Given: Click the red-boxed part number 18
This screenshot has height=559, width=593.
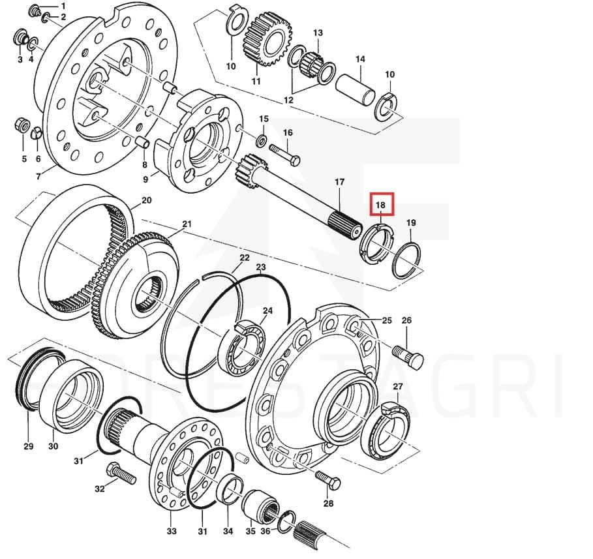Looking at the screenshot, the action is click(380, 205).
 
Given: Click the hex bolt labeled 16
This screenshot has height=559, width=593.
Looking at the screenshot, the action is click(285, 155).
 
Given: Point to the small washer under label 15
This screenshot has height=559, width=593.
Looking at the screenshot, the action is click(261, 141).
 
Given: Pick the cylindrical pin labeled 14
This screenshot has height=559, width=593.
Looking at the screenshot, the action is click(356, 89).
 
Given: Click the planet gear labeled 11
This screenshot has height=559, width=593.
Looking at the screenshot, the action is click(267, 38).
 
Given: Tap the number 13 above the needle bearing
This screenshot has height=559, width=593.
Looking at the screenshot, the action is click(318, 33).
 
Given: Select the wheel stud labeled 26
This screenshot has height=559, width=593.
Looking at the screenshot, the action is click(408, 356).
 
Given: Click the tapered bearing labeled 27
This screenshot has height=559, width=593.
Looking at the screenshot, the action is click(388, 431).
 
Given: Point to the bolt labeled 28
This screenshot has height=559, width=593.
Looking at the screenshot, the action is click(327, 480).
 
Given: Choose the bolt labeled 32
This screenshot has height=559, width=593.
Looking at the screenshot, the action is click(121, 474).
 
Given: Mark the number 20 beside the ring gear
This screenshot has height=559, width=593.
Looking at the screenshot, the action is click(146, 200).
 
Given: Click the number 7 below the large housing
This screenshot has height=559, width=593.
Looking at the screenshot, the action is click(38, 177).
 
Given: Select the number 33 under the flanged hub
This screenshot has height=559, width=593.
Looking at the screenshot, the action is click(172, 531).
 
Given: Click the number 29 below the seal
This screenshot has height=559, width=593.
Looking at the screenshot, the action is click(29, 446).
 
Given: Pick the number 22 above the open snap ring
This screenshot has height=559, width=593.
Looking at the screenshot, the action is click(245, 258).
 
